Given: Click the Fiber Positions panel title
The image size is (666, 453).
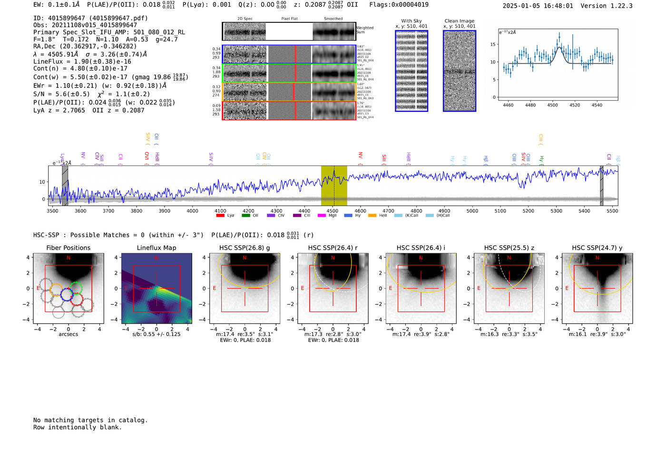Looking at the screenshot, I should coord(68,248).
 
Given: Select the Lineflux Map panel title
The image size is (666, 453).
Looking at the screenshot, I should coord(157,248).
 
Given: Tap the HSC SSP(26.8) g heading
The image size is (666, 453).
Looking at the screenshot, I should coord(245,248).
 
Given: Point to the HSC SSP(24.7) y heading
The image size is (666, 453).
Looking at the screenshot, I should coord(597,248).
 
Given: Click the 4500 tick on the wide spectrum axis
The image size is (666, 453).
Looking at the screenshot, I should coord(332,211).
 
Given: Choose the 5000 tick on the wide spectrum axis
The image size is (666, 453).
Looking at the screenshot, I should coord(472,211).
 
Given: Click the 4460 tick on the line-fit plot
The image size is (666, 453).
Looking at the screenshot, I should coord(508,105).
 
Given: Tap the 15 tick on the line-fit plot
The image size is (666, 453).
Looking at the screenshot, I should coord(492,44).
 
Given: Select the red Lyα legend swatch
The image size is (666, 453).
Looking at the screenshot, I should coord(220,216).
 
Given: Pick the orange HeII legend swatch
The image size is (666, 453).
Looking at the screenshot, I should coord(372,216).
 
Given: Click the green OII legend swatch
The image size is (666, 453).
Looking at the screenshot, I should coord(246,216).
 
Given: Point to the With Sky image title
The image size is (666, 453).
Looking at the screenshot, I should coord(411,21).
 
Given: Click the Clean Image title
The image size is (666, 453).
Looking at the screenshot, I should coord(459,21).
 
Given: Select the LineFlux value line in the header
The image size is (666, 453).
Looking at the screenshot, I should coord(82,61).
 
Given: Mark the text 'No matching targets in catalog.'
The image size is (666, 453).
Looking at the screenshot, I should coord(90,420).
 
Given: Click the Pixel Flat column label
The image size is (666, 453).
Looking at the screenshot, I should coord(289,19).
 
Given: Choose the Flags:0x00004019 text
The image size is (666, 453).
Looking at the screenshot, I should coord(399,5).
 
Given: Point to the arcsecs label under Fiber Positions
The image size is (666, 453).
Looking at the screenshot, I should coord(68,334).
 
